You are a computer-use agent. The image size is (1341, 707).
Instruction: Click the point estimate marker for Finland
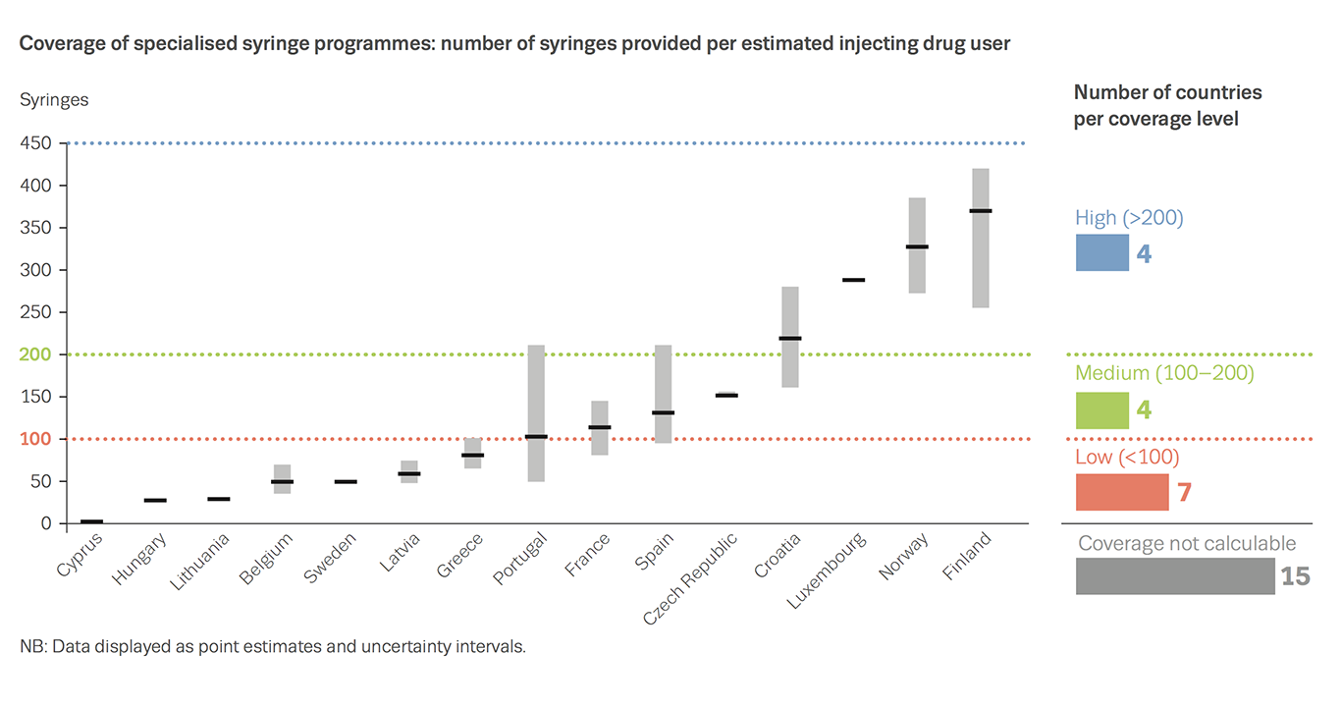[x=980, y=211]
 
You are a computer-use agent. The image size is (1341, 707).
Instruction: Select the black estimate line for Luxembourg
[x=853, y=280]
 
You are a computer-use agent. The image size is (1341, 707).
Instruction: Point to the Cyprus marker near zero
[x=91, y=521]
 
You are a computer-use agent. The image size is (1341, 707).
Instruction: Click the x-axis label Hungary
[x=139, y=559]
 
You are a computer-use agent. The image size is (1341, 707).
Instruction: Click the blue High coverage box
[x=1101, y=252]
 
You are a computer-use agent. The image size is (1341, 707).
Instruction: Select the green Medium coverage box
[x=1101, y=410]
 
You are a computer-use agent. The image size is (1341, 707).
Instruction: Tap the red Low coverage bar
[x=1122, y=492]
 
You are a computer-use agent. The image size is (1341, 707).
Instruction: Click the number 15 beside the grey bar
[x=1295, y=576]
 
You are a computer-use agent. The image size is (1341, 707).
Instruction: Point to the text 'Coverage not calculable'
[x=1186, y=543]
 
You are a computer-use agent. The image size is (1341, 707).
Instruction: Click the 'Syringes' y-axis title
[x=54, y=100]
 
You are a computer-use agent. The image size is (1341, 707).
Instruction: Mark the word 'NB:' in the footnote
[x=31, y=647]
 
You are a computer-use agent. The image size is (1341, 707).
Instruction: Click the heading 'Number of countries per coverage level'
[x=1167, y=105]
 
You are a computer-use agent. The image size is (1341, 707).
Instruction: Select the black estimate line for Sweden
[x=346, y=482]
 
